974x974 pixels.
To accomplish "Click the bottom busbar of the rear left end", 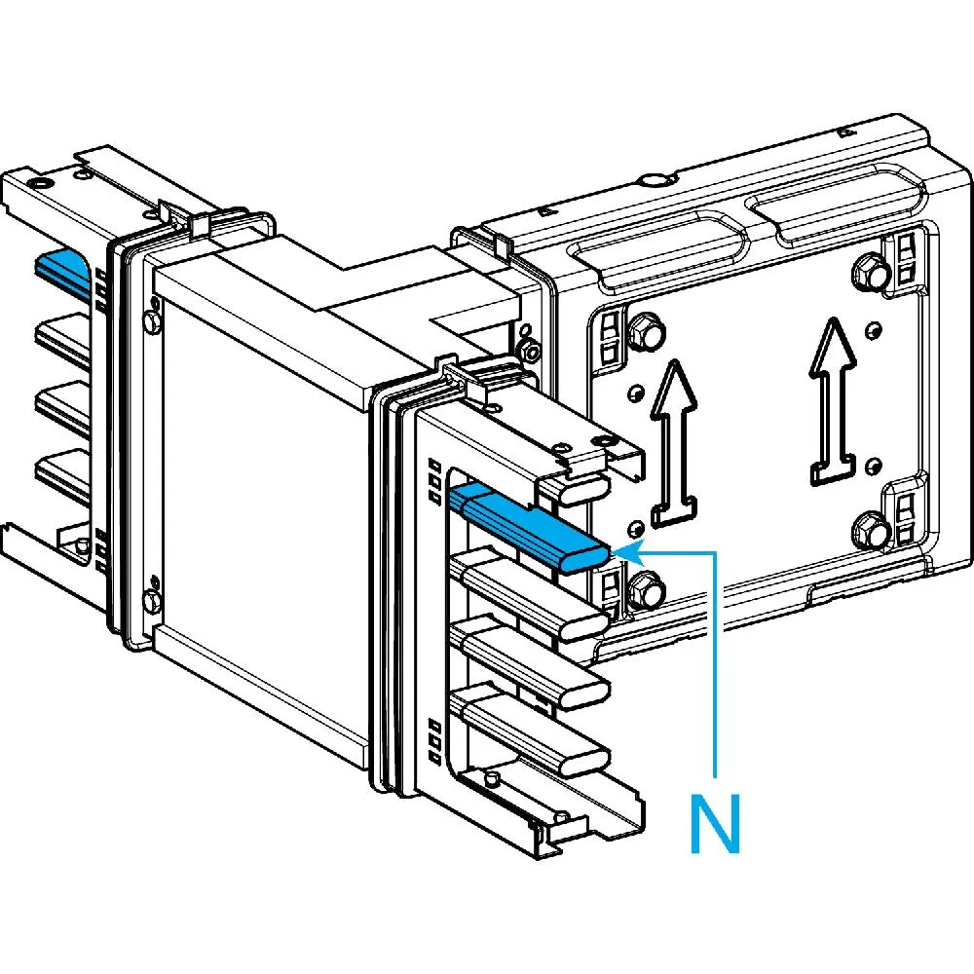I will [x=63, y=471].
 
